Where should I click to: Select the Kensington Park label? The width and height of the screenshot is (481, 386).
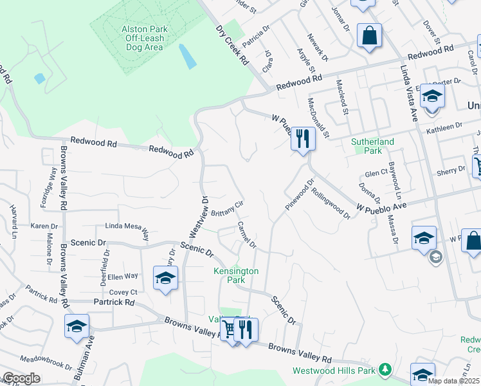pyautogui.click(x=236, y=276)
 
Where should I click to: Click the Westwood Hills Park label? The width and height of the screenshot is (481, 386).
pyautogui.click(x=334, y=371)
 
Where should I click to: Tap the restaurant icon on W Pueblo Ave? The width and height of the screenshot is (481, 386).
pyautogui.click(x=303, y=139)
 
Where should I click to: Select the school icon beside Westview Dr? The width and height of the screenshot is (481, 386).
pyautogui.click(x=165, y=279)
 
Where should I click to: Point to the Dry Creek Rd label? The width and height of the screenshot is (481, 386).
pyautogui.click(x=232, y=45)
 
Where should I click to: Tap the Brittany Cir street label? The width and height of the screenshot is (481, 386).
pyautogui.click(x=226, y=208)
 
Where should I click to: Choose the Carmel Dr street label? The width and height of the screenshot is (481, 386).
pyautogui.click(x=247, y=235)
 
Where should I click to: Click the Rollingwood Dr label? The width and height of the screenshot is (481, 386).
pyautogui.click(x=331, y=203)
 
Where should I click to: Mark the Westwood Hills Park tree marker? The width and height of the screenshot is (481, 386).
pyautogui.click(x=385, y=369)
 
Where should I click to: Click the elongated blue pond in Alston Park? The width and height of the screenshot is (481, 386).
pyautogui.click(x=188, y=57)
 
